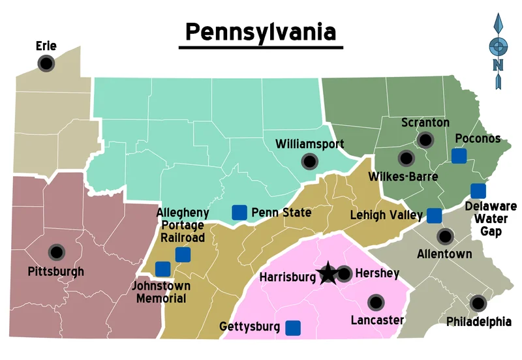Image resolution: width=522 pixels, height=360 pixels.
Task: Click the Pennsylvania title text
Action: (x=260, y=31)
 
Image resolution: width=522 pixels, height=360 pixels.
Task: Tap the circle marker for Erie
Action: (x=46, y=63)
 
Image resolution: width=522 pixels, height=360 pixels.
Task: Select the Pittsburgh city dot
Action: (x=57, y=252)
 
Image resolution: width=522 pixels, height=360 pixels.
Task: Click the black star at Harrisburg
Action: (x=327, y=275)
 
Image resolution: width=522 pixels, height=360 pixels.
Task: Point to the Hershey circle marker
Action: (x=344, y=274)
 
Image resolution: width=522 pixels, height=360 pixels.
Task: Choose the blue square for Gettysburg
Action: (x=293, y=327)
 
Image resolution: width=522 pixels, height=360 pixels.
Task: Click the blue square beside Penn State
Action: (x=239, y=212)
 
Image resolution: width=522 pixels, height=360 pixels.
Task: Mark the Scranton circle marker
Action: (x=426, y=140)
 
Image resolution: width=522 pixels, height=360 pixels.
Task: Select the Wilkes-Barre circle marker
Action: (x=406, y=158)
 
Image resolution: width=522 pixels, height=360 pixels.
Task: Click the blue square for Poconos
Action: (x=459, y=156)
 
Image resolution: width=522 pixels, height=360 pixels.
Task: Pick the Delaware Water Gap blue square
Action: (x=478, y=190)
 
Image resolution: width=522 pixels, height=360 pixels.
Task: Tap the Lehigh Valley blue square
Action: (x=434, y=215)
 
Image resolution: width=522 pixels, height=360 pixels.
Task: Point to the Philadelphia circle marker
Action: (x=478, y=303)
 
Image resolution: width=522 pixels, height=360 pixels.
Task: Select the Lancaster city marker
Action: (x=376, y=303)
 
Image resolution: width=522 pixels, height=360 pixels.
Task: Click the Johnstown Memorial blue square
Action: (x=162, y=268)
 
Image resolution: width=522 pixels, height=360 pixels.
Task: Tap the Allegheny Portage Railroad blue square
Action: (x=183, y=254)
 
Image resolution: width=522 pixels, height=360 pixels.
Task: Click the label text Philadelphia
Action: (x=478, y=322)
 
